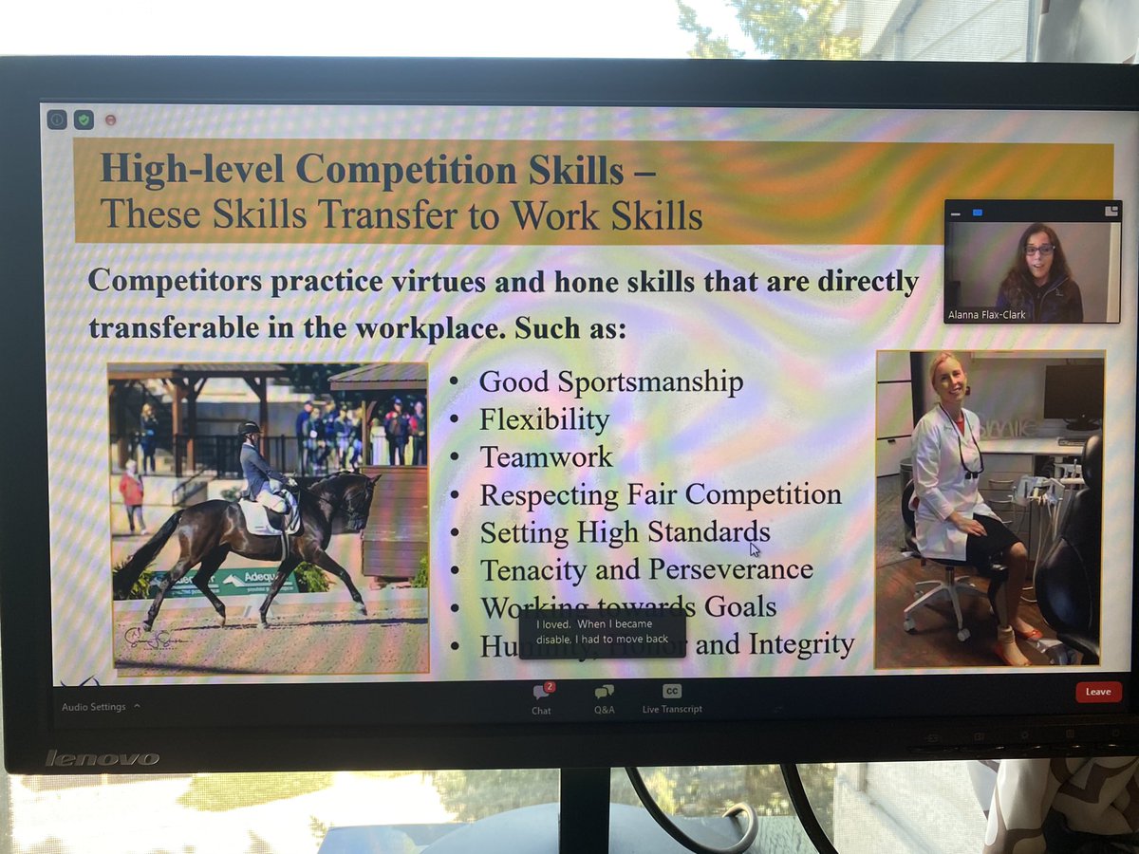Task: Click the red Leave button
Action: [1097, 692]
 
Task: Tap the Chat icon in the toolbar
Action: [541, 694]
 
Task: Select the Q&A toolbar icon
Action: [604, 694]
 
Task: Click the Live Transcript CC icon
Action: [672, 692]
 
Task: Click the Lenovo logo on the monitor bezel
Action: [103, 758]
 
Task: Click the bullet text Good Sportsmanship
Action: [610, 381]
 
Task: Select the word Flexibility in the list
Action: [544, 419]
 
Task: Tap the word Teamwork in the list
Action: [546, 456]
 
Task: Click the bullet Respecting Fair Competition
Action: [661, 494]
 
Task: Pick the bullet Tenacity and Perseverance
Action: [646, 569]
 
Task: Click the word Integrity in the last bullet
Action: [799, 644]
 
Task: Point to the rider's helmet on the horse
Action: [250, 429]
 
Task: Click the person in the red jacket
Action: [131, 492]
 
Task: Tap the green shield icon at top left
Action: [84, 120]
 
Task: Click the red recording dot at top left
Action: [110, 121]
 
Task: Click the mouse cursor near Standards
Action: [755, 549]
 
